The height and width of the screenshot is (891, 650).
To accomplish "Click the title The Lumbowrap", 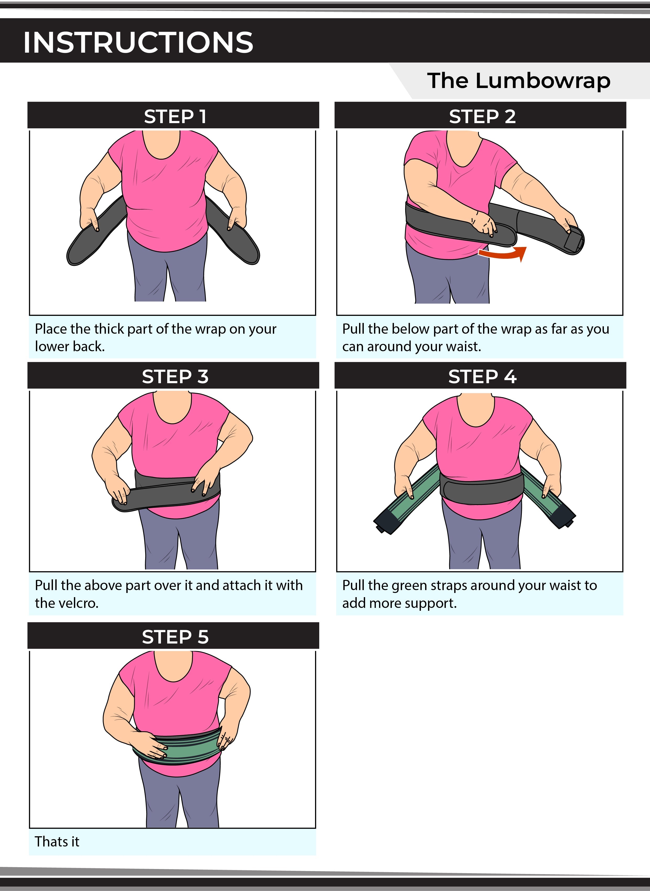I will pos(519,81).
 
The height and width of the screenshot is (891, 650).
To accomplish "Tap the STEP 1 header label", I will pos(175,116).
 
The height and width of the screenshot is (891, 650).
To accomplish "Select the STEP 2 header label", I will pos(482,116).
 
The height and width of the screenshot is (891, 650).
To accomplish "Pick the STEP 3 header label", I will pos(175,376).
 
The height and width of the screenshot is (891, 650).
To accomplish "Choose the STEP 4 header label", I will pos(482,376).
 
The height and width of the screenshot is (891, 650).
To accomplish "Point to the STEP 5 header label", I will pos(175,637).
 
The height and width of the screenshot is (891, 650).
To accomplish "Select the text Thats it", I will pos(57,841).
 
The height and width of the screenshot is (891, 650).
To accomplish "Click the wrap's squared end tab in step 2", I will pos(574,241).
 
